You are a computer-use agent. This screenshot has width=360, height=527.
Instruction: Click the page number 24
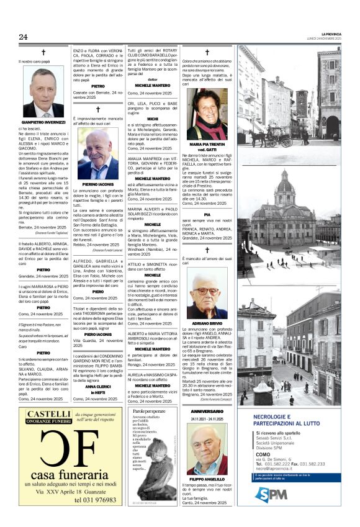[23, 37]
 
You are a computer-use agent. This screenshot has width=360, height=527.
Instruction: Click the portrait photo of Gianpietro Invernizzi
[43, 92]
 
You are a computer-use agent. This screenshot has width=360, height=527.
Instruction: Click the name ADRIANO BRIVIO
[207, 324]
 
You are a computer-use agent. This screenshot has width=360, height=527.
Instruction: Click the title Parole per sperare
[149, 412]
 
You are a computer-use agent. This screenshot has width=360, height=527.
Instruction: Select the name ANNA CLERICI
[96, 387]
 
